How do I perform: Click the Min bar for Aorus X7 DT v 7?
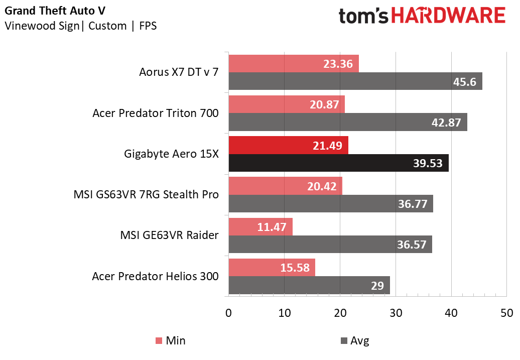coord(294,64)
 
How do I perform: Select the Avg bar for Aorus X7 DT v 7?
coord(355,81)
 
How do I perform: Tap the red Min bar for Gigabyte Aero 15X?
coord(288,145)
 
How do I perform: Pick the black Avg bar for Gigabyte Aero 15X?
coord(338,163)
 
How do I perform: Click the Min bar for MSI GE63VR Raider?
coord(261,226)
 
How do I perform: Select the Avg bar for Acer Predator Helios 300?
coord(309,286)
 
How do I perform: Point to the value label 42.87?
coord(446,123)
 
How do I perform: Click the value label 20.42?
coord(321,186)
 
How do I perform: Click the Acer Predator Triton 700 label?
coord(156,113)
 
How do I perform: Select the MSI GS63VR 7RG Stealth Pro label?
coord(146,195)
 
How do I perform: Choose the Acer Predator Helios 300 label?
coord(155,276)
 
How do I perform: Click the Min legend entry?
coord(170,341)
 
